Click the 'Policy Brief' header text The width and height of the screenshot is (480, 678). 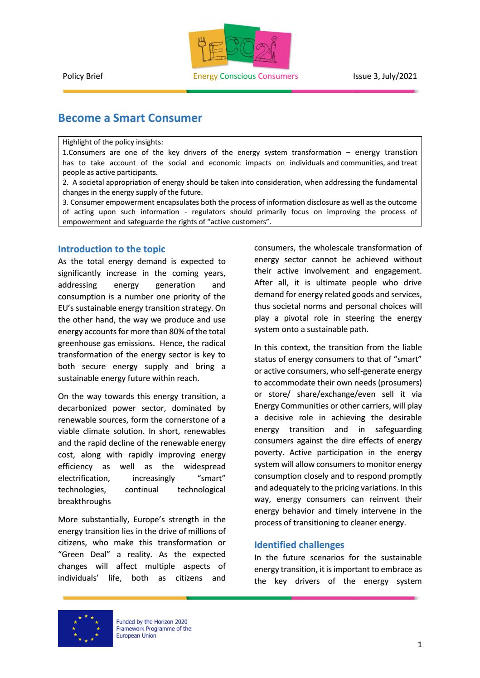[82, 76]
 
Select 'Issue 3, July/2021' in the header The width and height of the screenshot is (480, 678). [384, 76]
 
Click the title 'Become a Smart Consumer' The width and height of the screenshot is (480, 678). [130, 118]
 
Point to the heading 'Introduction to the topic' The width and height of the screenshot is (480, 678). [112, 249]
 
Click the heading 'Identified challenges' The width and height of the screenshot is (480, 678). [299, 545]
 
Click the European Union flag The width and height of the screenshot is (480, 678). [85, 628]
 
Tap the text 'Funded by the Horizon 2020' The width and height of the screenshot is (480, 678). [152, 622]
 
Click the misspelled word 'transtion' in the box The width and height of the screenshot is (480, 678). [401, 152]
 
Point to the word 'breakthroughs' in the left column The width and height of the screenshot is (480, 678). [84, 501]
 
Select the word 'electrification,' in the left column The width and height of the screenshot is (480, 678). [83, 478]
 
